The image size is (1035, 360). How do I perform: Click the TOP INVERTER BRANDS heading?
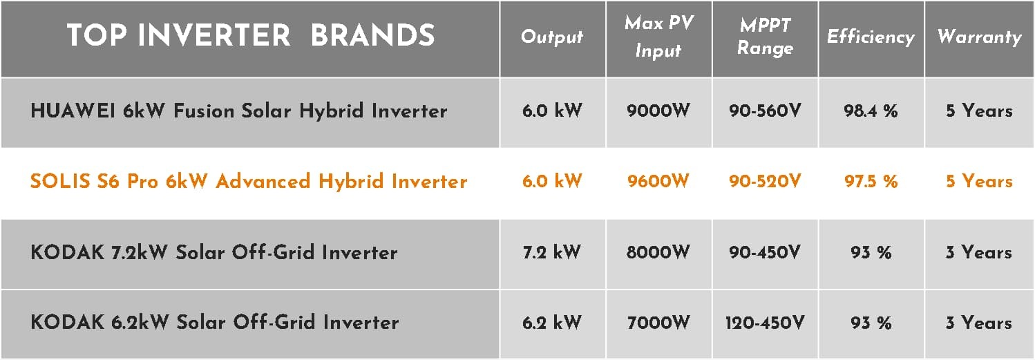click(x=251, y=35)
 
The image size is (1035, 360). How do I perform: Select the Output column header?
click(x=552, y=37)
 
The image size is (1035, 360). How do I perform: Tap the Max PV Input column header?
click(x=659, y=37)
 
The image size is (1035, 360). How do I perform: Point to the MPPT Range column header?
click(x=765, y=37)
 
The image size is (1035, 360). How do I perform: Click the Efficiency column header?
click(x=871, y=37)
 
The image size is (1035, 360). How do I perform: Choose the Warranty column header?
click(x=980, y=37)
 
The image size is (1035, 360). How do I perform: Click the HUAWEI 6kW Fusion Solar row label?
click(x=239, y=111)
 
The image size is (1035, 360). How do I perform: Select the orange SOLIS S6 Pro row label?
click(x=249, y=181)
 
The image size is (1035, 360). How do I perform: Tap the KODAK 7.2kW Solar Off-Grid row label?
click(x=214, y=252)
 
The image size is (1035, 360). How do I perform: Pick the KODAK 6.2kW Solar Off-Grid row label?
click(x=215, y=322)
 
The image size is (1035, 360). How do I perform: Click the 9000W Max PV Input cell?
click(x=658, y=111)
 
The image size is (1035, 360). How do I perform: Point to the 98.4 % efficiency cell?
click(x=871, y=111)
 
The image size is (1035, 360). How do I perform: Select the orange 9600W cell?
click(x=658, y=181)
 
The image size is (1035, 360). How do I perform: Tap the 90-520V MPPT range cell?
click(x=765, y=181)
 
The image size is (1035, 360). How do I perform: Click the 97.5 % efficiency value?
click(x=871, y=181)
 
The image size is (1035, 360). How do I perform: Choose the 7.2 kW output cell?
click(x=552, y=252)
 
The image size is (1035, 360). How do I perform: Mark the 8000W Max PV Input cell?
click(x=658, y=252)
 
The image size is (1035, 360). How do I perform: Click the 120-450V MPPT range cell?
click(x=765, y=323)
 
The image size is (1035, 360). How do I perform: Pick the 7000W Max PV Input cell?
click(x=658, y=323)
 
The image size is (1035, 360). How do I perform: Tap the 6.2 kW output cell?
click(x=552, y=323)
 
